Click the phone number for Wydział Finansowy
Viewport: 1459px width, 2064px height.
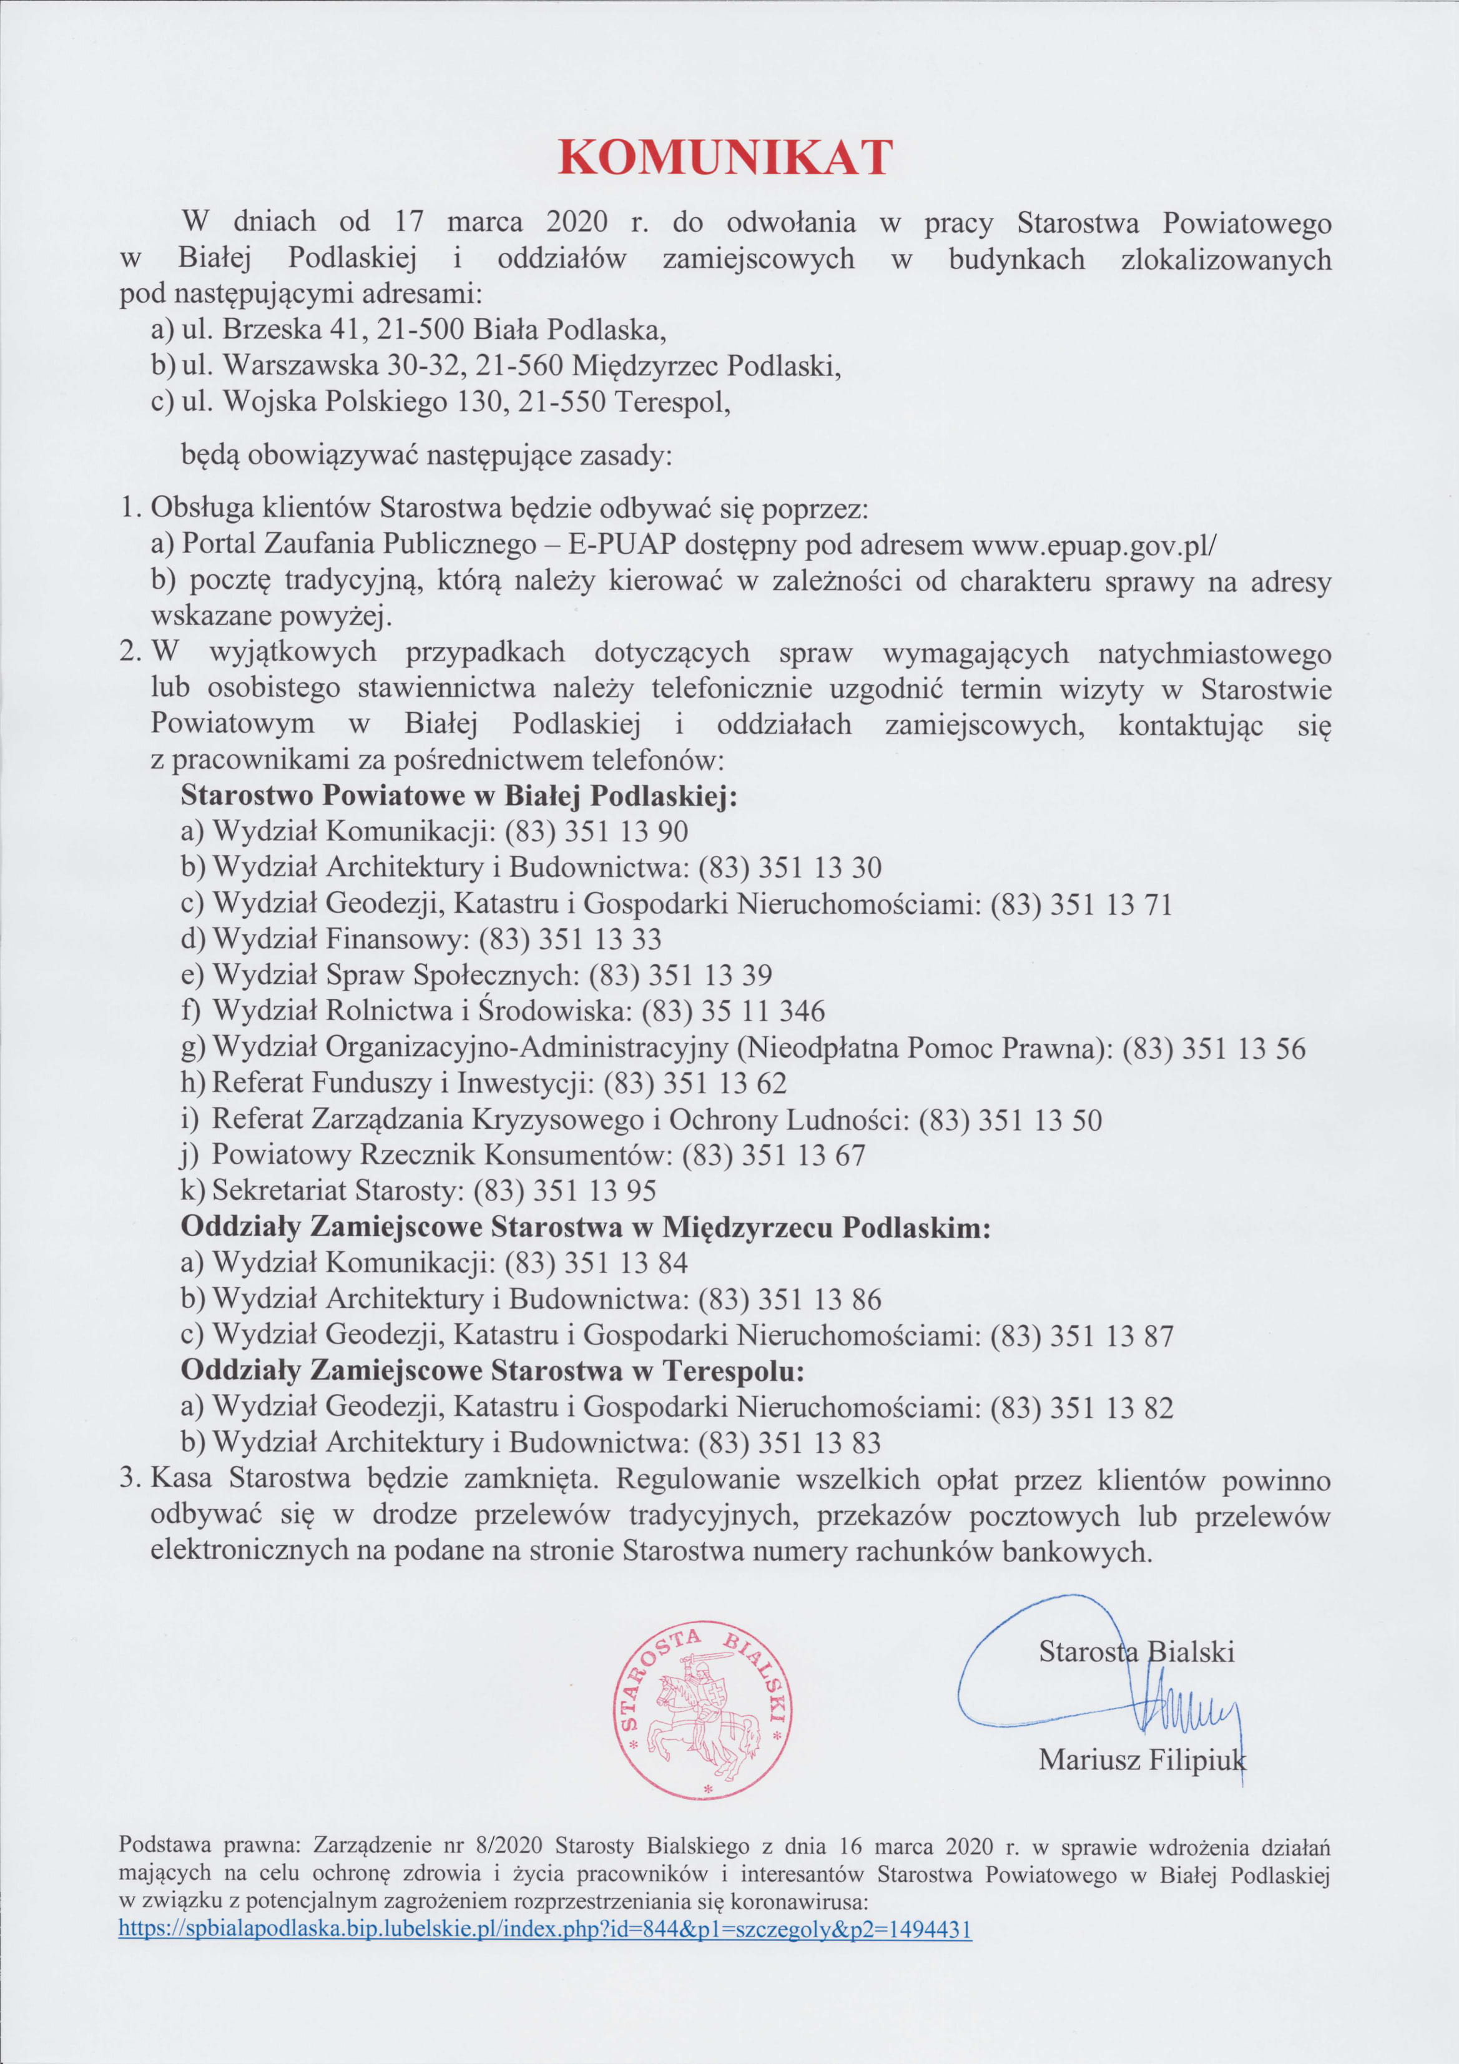click(570, 940)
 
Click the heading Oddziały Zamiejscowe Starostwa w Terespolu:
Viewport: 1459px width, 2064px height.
click(492, 1371)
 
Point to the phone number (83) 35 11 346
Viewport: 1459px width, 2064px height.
click(733, 1011)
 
